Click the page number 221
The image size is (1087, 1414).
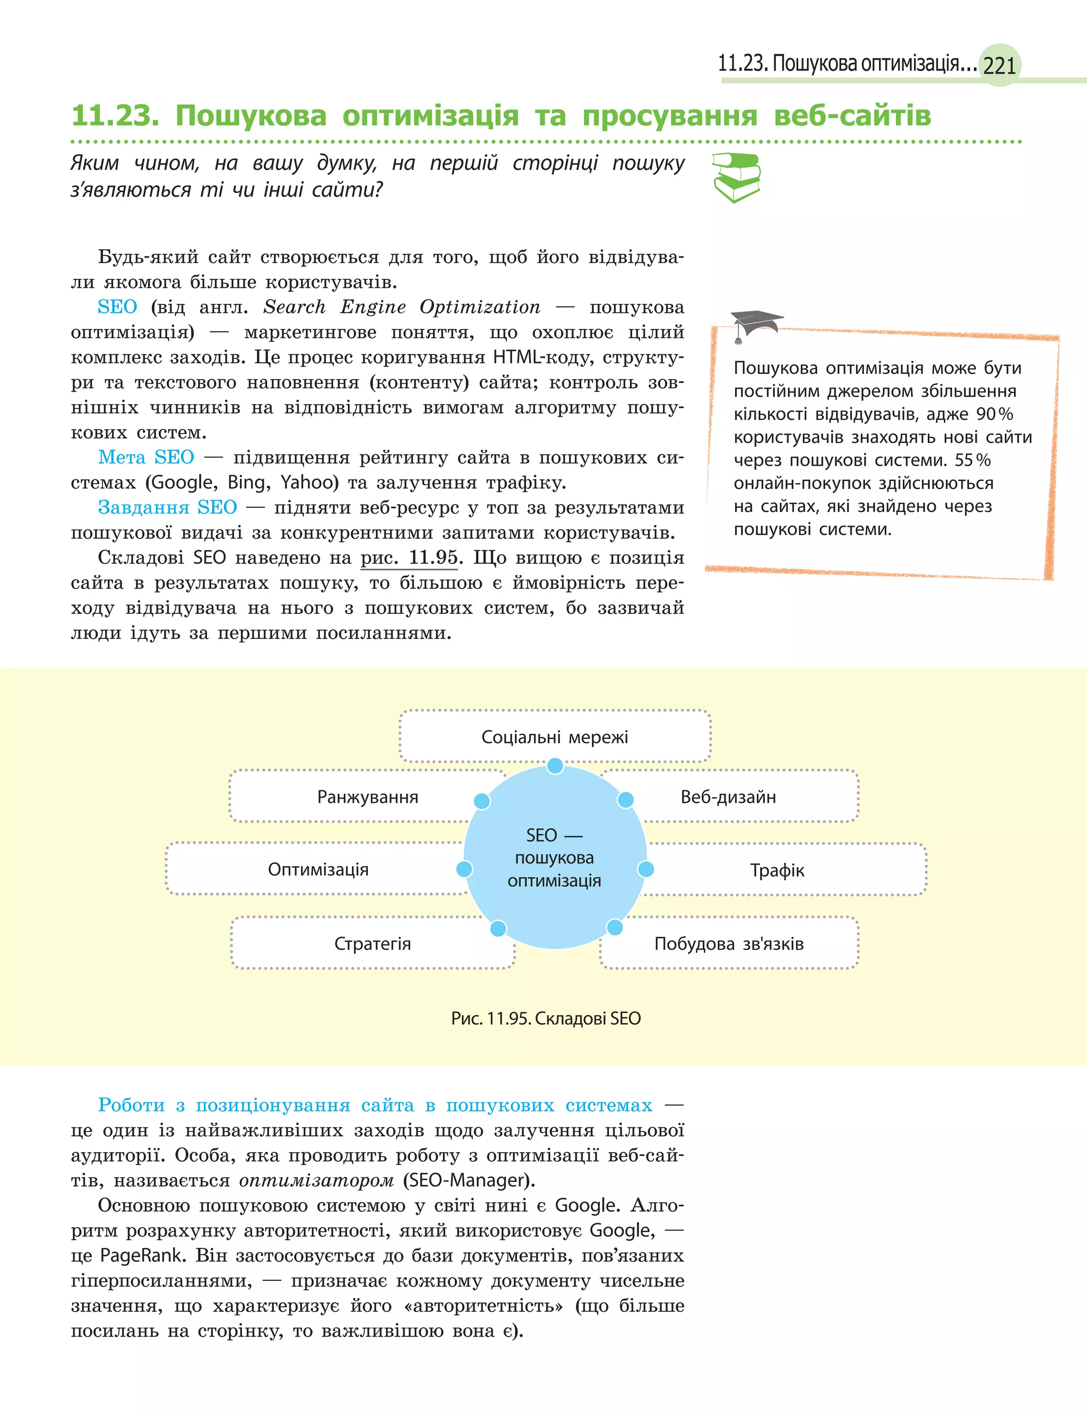[x=999, y=65]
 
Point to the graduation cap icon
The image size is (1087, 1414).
[x=755, y=323]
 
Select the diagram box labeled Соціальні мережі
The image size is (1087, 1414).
[x=555, y=736]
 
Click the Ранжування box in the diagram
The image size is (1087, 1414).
[x=367, y=796]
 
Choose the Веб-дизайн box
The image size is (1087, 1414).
[x=728, y=796]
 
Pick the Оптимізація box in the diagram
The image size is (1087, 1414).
[x=318, y=869]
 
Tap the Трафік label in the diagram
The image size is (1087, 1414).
[x=777, y=870]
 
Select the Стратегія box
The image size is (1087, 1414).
[x=372, y=943]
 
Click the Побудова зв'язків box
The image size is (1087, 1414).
[x=729, y=943]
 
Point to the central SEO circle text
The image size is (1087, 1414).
[x=555, y=858]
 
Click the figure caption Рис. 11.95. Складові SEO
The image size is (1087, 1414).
[x=546, y=1018]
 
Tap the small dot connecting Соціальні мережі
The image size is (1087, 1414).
[x=555, y=766]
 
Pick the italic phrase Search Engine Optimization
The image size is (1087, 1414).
[x=401, y=307]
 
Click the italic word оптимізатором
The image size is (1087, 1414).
[x=316, y=1180]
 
